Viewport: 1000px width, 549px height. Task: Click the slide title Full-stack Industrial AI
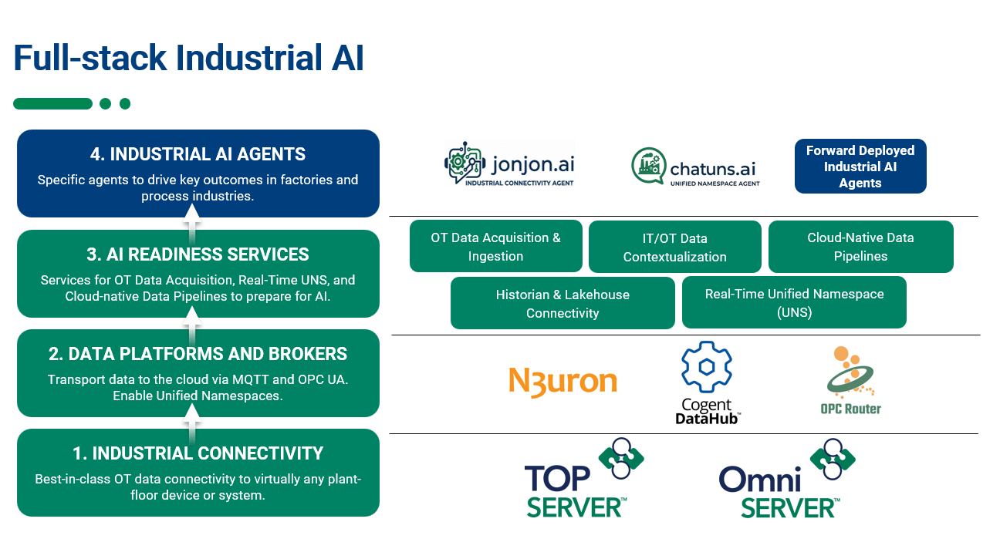[x=189, y=59]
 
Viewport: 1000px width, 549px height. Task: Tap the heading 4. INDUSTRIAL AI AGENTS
[x=198, y=154]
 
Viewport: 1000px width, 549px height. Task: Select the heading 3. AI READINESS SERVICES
[x=198, y=254]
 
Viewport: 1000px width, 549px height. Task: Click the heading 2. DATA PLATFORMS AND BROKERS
[x=198, y=354]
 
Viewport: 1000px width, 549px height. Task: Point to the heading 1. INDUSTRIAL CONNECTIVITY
[x=198, y=453]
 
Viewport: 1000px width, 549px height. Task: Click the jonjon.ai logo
[x=509, y=164]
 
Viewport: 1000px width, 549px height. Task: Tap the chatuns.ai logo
[x=695, y=166]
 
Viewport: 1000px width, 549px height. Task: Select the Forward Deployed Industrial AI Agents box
[x=860, y=167]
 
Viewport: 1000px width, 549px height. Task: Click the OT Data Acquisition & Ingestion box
[x=495, y=247]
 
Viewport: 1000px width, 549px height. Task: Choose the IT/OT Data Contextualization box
[x=674, y=248]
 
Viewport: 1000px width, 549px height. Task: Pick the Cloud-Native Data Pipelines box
[x=860, y=247]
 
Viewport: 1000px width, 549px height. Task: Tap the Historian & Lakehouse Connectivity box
[x=562, y=304]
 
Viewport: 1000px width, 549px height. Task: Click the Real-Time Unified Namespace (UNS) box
[x=794, y=303]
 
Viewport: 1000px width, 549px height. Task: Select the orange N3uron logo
[x=562, y=382]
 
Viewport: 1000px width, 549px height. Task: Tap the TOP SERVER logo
[x=583, y=479]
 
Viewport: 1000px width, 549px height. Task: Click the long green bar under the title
[x=52, y=104]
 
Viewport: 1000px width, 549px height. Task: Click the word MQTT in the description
[x=262, y=379]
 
